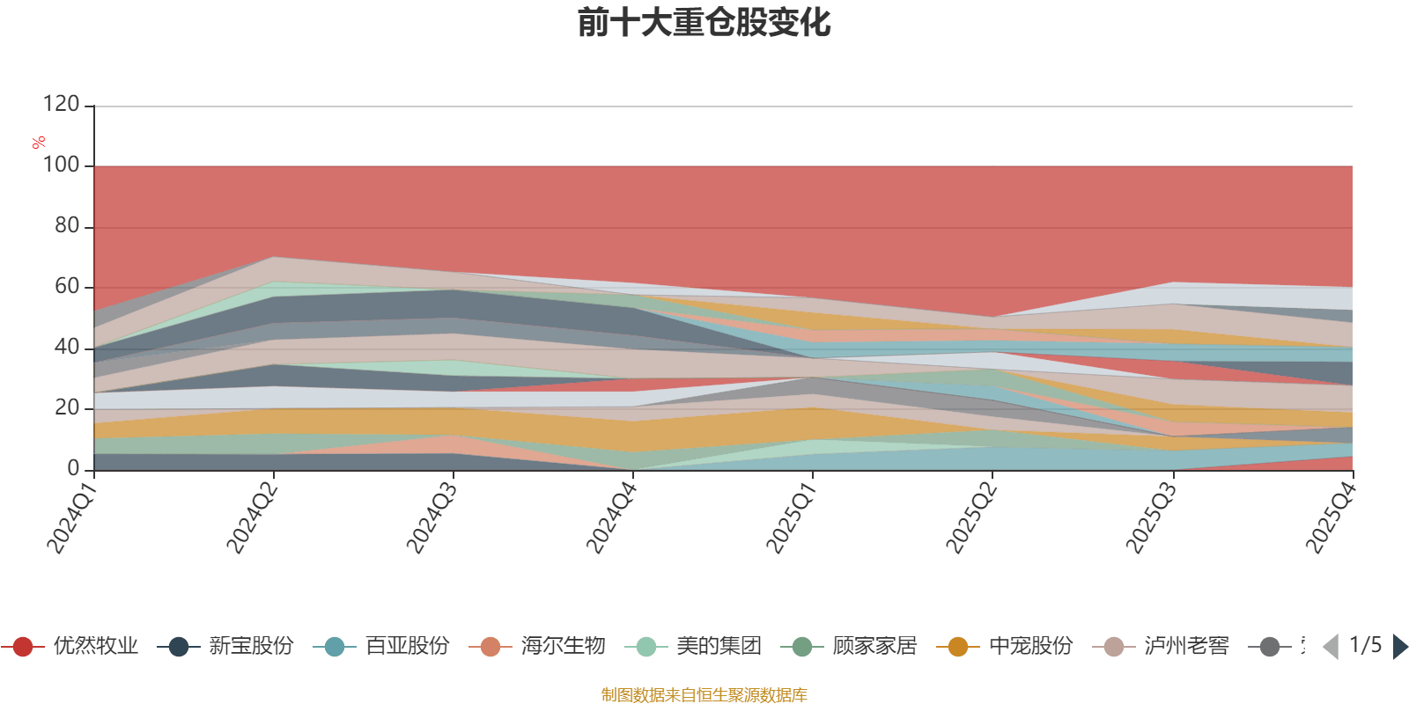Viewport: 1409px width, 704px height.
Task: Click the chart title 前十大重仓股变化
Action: pyautogui.click(x=704, y=23)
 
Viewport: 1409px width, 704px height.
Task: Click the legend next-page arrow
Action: pyautogui.click(x=1399, y=647)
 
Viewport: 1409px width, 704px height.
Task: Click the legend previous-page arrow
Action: pyautogui.click(x=1331, y=647)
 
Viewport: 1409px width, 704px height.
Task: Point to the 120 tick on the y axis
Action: pyautogui.click(x=61, y=105)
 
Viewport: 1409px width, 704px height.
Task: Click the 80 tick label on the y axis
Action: pyautogui.click(x=66, y=226)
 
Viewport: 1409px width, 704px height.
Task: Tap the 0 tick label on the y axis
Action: pyautogui.click(x=74, y=468)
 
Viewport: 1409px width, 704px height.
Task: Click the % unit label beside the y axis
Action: pyautogui.click(x=38, y=143)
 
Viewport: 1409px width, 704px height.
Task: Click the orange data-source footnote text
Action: pyautogui.click(x=704, y=695)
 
